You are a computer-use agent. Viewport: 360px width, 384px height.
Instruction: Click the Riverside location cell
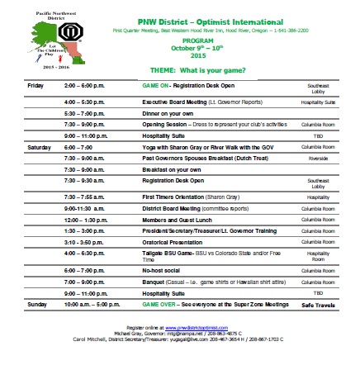coord(318,157)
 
